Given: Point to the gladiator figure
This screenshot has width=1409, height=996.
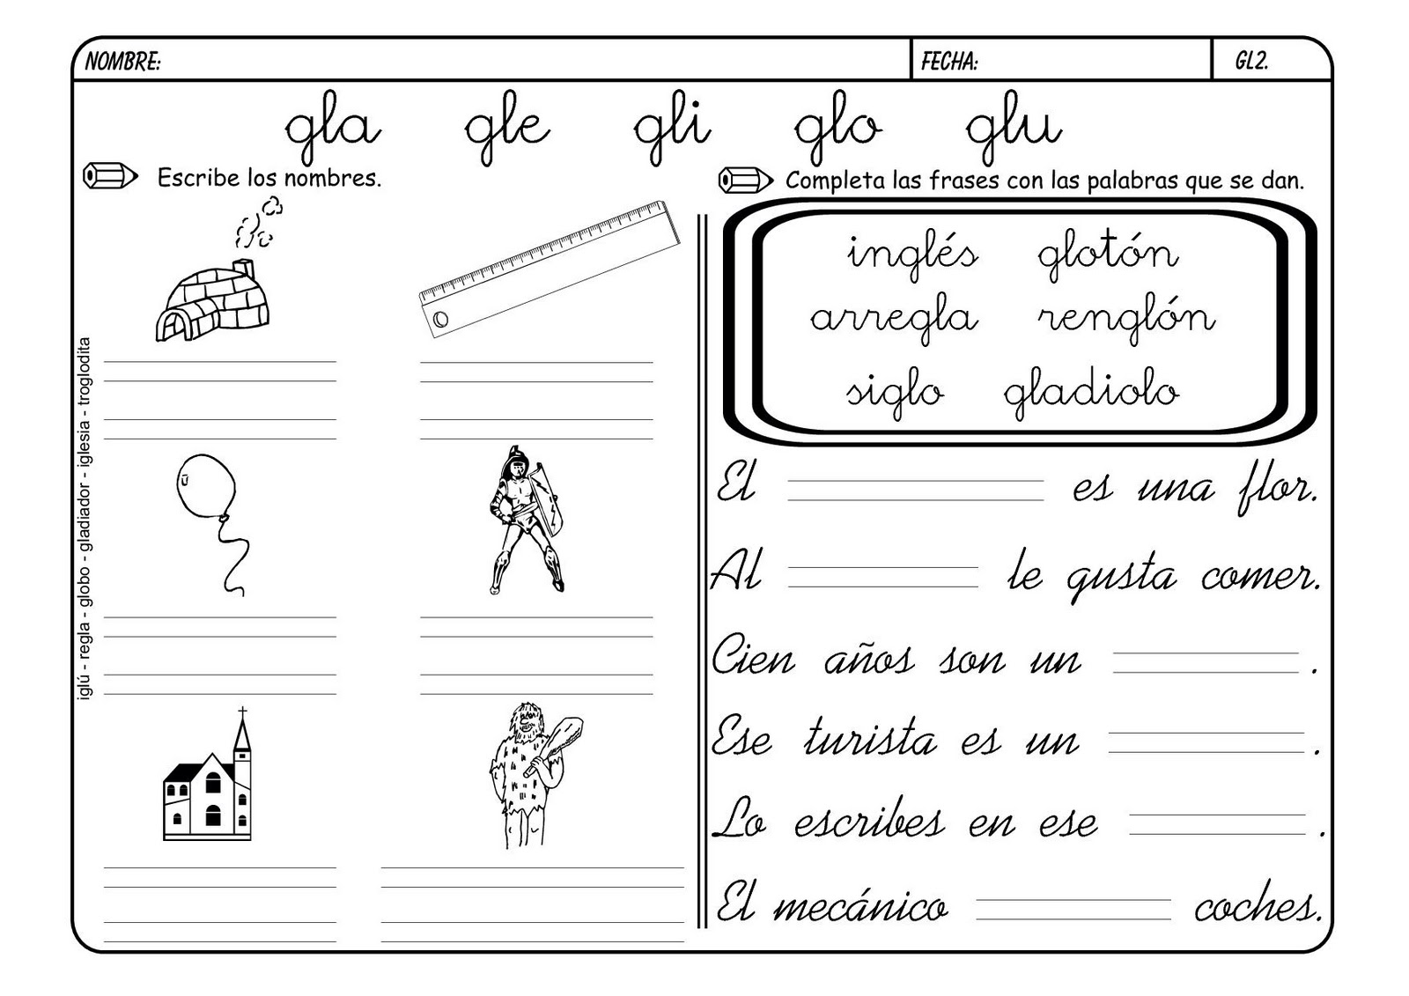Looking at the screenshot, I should click(x=525, y=520).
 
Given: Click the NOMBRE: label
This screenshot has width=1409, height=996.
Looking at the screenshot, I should click(x=122, y=62).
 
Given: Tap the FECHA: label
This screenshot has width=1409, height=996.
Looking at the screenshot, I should click(x=949, y=62).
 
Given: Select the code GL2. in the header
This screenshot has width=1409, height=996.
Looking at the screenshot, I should click(x=1251, y=62).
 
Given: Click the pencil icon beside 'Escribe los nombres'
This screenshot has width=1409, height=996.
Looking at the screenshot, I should click(x=110, y=176).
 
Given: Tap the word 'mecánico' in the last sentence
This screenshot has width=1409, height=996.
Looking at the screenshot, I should click(x=860, y=907).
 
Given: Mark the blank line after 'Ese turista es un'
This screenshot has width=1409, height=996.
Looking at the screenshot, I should click(x=1206, y=742).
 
